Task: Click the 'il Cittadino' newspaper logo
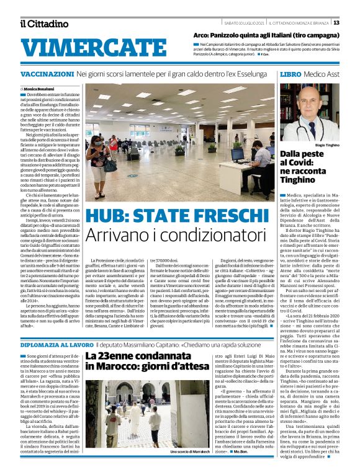44,23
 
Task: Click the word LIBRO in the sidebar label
291,74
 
